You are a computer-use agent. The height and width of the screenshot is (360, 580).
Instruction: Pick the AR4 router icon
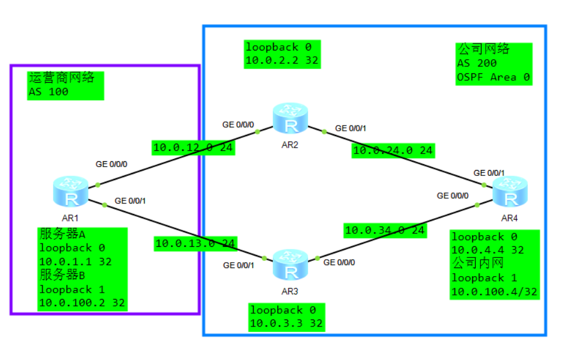(509, 192)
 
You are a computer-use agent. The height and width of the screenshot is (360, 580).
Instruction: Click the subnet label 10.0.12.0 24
(193, 148)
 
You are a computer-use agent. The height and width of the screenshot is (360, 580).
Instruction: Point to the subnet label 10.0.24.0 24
(393, 151)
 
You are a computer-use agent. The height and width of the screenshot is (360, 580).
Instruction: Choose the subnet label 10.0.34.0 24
(384, 230)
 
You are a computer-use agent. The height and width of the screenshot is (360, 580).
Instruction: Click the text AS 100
(48, 92)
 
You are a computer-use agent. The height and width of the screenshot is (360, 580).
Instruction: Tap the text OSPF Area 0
(487, 77)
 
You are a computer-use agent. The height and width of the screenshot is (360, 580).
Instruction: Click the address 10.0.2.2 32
(282, 60)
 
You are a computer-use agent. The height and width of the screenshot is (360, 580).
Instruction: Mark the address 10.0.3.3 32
(286, 323)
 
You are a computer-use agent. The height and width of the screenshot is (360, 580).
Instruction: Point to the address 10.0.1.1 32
(75, 261)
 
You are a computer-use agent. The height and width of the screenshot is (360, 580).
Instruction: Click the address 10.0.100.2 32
(81, 303)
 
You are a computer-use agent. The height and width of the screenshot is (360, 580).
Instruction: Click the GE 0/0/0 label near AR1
(111, 164)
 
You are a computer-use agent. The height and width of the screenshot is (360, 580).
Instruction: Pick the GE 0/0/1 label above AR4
(489, 173)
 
